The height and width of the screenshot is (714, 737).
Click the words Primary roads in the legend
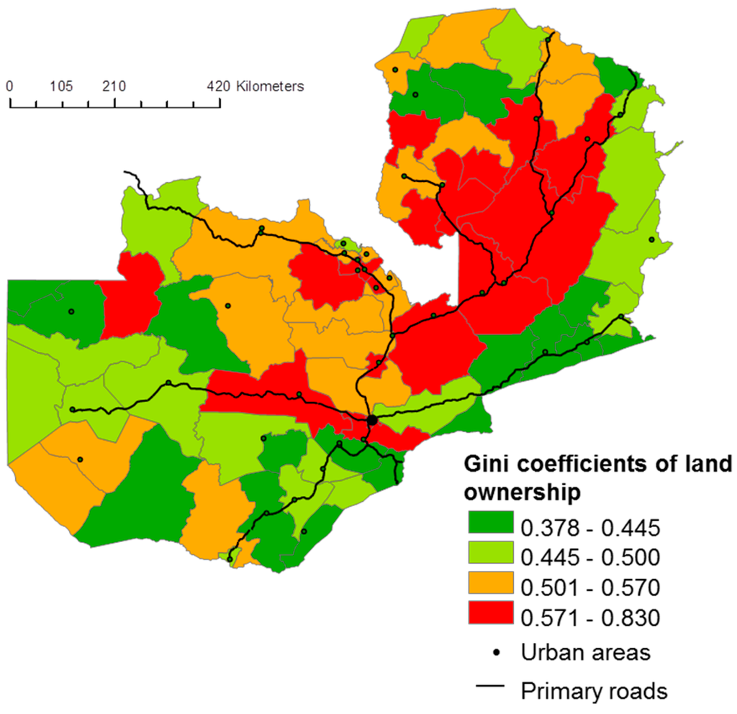click(594, 690)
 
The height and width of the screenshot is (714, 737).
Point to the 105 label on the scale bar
click(62, 86)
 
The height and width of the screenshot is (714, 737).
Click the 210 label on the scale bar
click(114, 86)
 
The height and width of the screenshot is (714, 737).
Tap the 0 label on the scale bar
click(9, 86)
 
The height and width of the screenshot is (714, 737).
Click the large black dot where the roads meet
click(371, 419)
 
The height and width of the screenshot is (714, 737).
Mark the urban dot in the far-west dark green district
click(71, 311)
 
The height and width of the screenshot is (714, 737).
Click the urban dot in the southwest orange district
click(81, 459)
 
